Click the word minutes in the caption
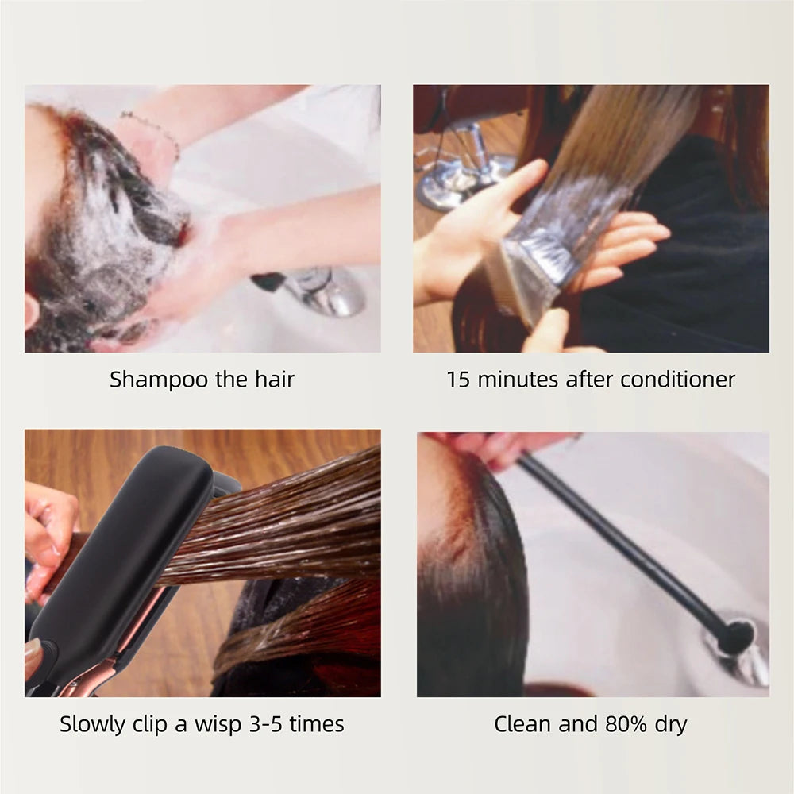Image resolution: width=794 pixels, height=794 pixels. (x=517, y=380)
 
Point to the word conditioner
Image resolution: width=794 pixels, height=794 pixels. (x=678, y=380)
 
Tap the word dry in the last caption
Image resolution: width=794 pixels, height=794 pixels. (x=669, y=724)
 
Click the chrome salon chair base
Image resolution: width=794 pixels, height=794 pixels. (x=464, y=171)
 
